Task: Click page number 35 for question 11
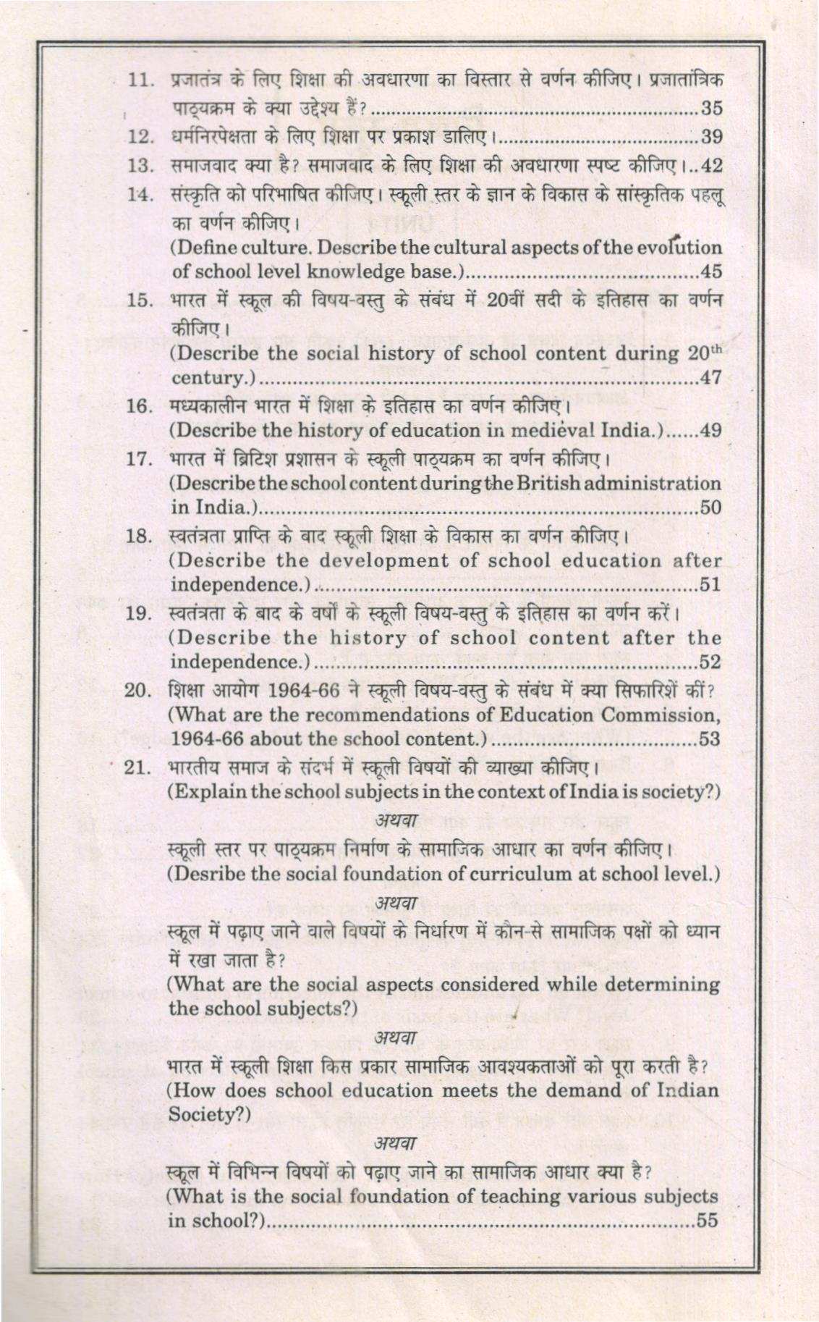click(712, 109)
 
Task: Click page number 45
click(712, 272)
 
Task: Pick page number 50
click(712, 508)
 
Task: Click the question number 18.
click(137, 536)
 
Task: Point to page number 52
click(712, 662)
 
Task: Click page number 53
click(712, 739)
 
